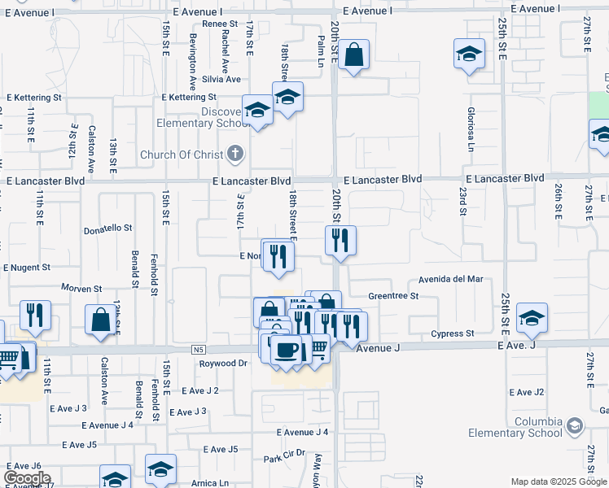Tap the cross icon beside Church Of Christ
pos(234,154)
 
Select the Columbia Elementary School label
pos(539,427)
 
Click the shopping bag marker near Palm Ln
pos(354,56)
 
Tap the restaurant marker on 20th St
pos(340,241)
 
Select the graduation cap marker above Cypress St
pos(532,317)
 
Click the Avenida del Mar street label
pos(450,279)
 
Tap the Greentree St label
pos(392,296)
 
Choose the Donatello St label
pos(107,229)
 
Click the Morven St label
pos(81,289)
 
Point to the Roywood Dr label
pos(223,364)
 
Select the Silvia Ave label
pos(221,80)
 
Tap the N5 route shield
pos(199,350)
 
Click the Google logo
pos(27,478)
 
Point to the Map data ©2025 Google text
pos(558,481)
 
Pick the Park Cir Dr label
pos(284,455)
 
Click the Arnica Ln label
pos(211,482)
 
